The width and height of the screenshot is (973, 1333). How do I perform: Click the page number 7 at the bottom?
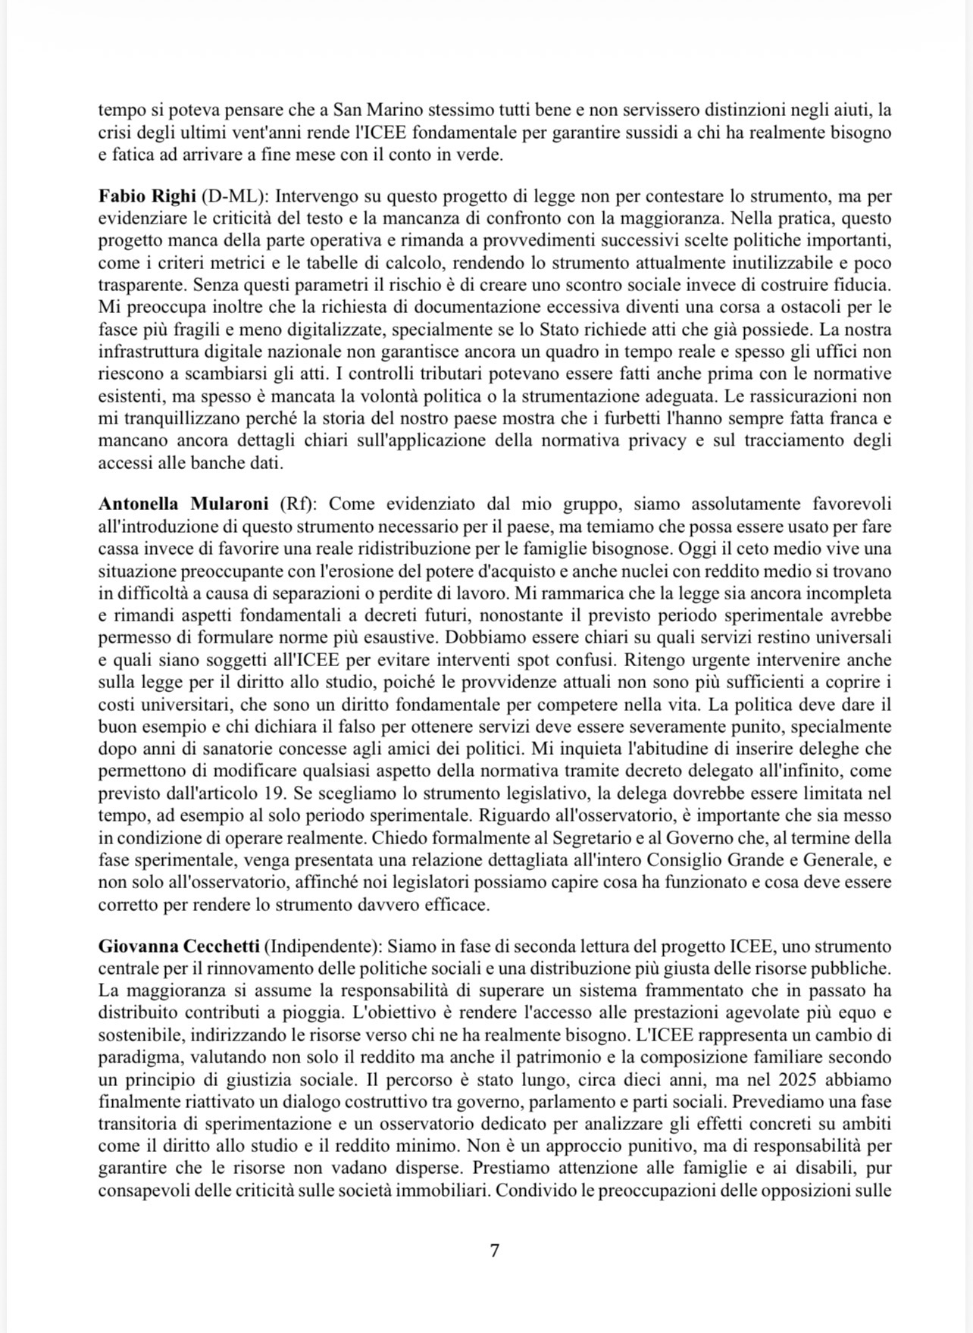tap(494, 1250)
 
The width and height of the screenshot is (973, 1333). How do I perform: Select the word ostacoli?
tap(809, 307)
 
